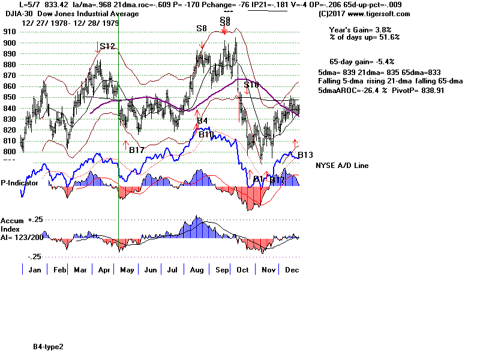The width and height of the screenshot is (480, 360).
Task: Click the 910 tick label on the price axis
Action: point(9,32)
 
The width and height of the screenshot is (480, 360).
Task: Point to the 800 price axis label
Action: point(9,152)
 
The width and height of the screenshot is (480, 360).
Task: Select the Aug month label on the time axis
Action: point(195,270)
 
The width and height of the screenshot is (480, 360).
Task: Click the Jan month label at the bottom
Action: point(35,270)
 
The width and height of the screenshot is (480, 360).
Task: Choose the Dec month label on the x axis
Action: point(293,270)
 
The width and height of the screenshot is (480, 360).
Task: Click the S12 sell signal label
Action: point(107,46)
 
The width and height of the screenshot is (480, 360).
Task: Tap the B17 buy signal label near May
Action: point(136,150)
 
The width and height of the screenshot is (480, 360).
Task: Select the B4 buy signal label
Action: point(203,121)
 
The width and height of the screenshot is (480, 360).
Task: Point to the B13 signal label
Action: point(305,155)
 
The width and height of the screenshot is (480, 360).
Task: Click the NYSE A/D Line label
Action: point(342,166)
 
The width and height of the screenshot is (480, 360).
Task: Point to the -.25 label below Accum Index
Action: point(34,257)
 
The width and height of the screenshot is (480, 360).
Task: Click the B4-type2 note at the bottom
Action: point(49,347)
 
